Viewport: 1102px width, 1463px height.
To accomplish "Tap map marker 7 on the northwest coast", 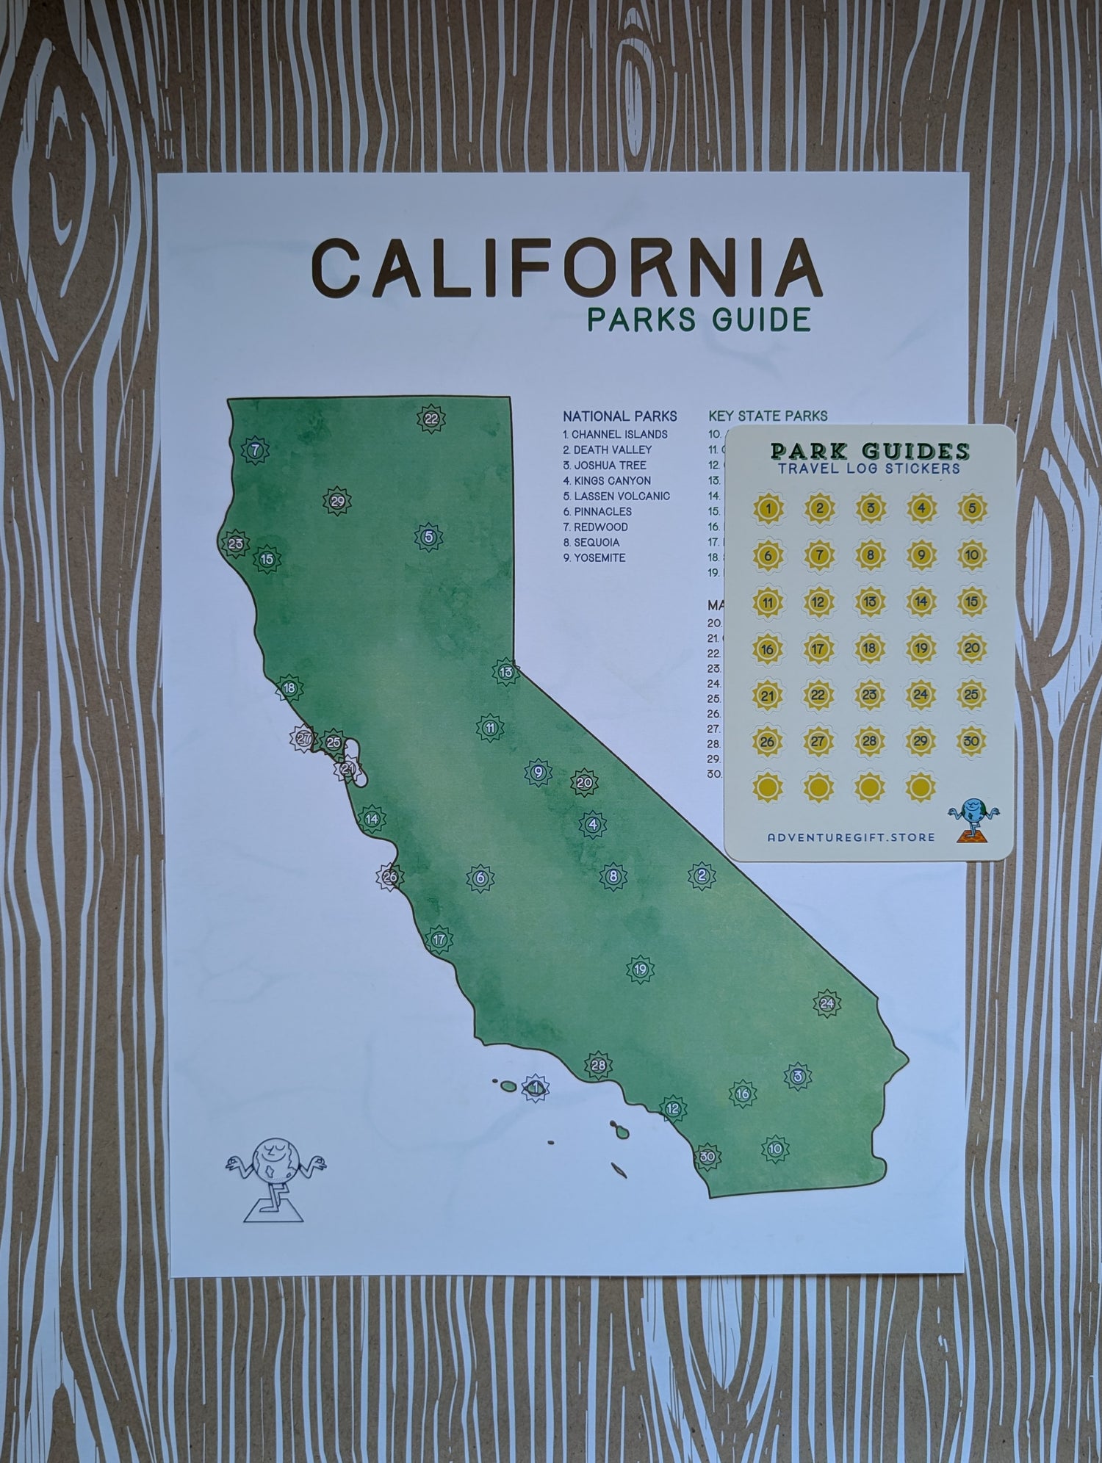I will point(255,450).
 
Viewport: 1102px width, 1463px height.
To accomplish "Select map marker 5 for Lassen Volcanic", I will point(428,537).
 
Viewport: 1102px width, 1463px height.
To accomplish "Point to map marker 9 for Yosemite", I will point(538,772).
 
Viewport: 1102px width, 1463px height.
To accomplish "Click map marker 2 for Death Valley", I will point(702,875).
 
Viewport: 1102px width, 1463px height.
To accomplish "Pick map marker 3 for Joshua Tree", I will point(797,1076).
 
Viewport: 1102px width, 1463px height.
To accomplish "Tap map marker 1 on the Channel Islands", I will point(536,1087).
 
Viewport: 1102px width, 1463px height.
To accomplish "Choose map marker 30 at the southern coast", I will point(707,1157).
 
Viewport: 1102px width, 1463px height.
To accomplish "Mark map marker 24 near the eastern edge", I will point(827,1003).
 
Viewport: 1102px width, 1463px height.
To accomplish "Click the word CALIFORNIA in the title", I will point(566,266).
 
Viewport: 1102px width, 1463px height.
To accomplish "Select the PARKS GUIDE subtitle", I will point(699,319).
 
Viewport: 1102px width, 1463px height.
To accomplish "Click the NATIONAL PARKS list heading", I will point(620,416).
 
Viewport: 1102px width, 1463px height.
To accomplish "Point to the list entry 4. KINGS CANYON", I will point(607,480).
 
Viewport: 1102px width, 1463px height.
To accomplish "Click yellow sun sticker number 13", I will point(870,602).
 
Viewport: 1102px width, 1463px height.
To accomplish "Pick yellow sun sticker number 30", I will point(971,741).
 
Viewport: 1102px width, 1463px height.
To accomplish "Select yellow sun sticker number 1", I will point(768,507).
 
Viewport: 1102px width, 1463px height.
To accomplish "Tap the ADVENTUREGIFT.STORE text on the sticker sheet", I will point(851,837).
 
